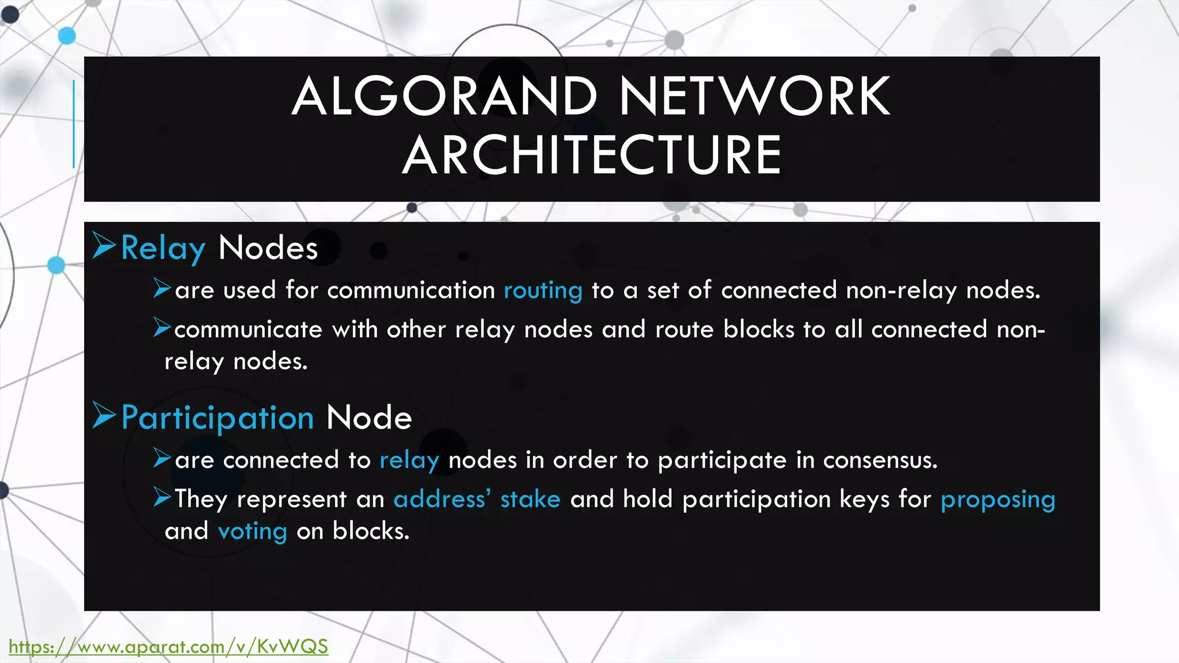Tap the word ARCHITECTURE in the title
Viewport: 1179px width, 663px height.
tap(592, 155)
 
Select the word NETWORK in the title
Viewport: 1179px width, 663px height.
tap(755, 97)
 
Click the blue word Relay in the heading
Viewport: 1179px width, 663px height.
tap(163, 249)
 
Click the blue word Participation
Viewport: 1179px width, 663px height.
tap(218, 418)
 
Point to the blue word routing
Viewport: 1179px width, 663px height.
tap(543, 291)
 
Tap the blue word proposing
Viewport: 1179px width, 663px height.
tap(998, 500)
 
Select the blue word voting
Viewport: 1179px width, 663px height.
tap(252, 531)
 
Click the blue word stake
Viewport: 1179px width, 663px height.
tap(530, 499)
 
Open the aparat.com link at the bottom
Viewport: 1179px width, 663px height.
tap(168, 647)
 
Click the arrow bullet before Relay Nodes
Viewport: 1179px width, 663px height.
tap(104, 246)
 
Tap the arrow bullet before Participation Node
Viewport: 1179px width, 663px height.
tap(104, 415)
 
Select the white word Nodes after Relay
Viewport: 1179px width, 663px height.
tap(268, 249)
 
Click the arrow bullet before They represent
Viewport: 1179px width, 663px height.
tap(162, 497)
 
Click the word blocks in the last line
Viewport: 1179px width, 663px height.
tap(370, 531)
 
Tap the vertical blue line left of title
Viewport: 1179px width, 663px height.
tap(74, 124)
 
